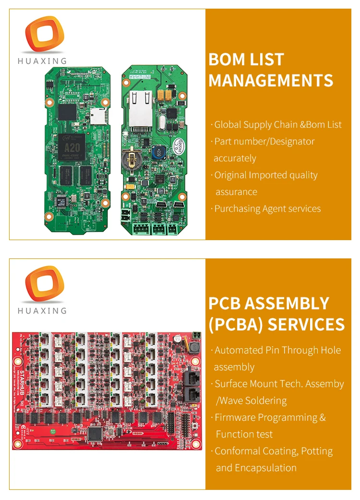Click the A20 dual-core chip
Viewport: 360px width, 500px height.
pyautogui.click(x=71, y=147)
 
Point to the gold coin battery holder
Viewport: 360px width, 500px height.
pyautogui.click(x=132, y=159)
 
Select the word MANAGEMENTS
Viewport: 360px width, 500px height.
pyautogui.click(x=271, y=80)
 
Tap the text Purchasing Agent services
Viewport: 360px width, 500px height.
pyautogui.click(x=267, y=208)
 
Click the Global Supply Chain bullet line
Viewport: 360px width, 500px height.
pyautogui.click(x=278, y=124)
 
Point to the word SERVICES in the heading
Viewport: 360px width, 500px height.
pyautogui.click(x=306, y=324)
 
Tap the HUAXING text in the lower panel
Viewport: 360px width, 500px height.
pyautogui.click(x=42, y=311)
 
